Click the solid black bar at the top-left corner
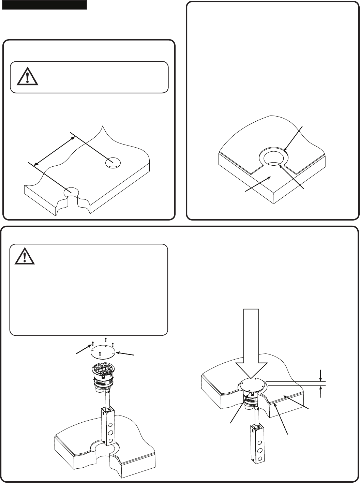tap(44, 5)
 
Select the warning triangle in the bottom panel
tap(25, 256)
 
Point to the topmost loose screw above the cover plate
tap(106, 339)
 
